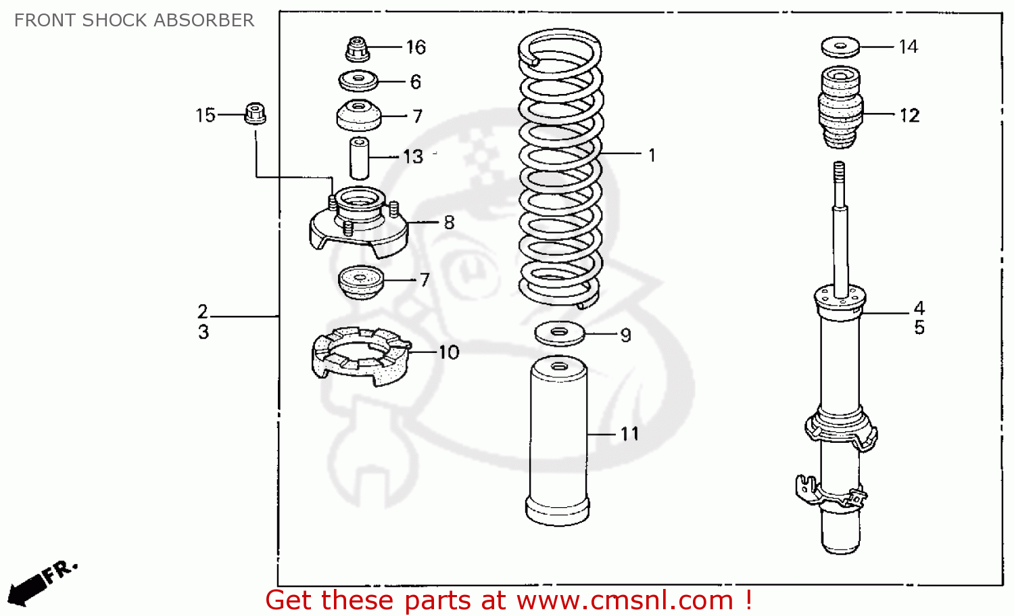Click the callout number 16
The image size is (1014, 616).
tap(416, 47)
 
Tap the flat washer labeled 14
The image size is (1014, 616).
tap(840, 47)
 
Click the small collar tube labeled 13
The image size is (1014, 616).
tap(358, 158)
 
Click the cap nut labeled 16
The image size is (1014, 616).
tap(357, 49)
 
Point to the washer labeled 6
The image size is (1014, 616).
tap(358, 81)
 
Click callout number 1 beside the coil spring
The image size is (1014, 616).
tap(652, 156)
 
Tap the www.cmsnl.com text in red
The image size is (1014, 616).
tap(625, 600)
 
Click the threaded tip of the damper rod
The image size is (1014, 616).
tap(839, 170)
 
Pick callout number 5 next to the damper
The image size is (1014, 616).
tap(919, 328)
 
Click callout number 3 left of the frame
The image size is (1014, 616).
tap(203, 332)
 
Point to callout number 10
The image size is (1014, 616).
tap(449, 352)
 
